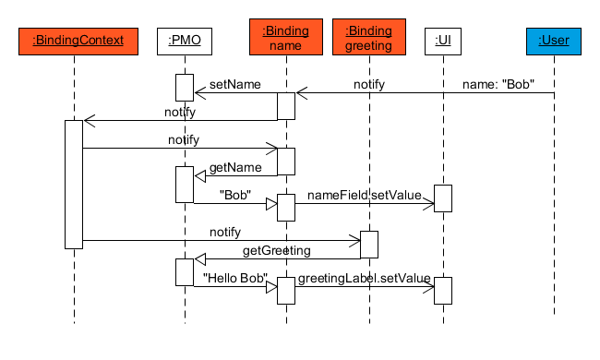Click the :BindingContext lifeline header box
coord(74,40)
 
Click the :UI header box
coord(443,40)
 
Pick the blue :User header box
coord(554,40)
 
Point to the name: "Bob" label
coord(499,85)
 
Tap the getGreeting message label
coord(276,250)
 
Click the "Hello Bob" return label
coord(234,278)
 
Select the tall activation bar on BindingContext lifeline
coord(74,184)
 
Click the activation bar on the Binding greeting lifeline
coord(369,244)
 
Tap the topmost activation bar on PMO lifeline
coord(185,87)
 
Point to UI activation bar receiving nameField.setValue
coord(443,198)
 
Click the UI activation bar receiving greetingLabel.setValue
coord(443,290)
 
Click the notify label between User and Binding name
coord(369,85)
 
